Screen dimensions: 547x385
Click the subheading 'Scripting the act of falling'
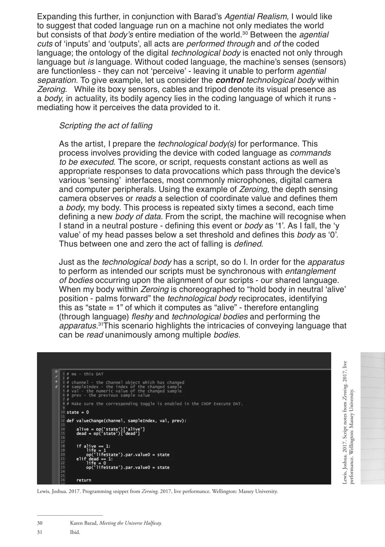tap(106, 126)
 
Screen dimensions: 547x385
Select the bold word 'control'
tap(230, 80)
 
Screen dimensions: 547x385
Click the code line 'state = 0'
tap(78, 412)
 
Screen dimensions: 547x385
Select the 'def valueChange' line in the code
tap(126, 421)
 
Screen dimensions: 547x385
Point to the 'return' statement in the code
tap(84, 480)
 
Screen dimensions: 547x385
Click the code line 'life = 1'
tap(96, 450)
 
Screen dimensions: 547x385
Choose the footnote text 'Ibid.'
tap(75, 532)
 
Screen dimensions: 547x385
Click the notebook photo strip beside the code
tap(372, 418)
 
